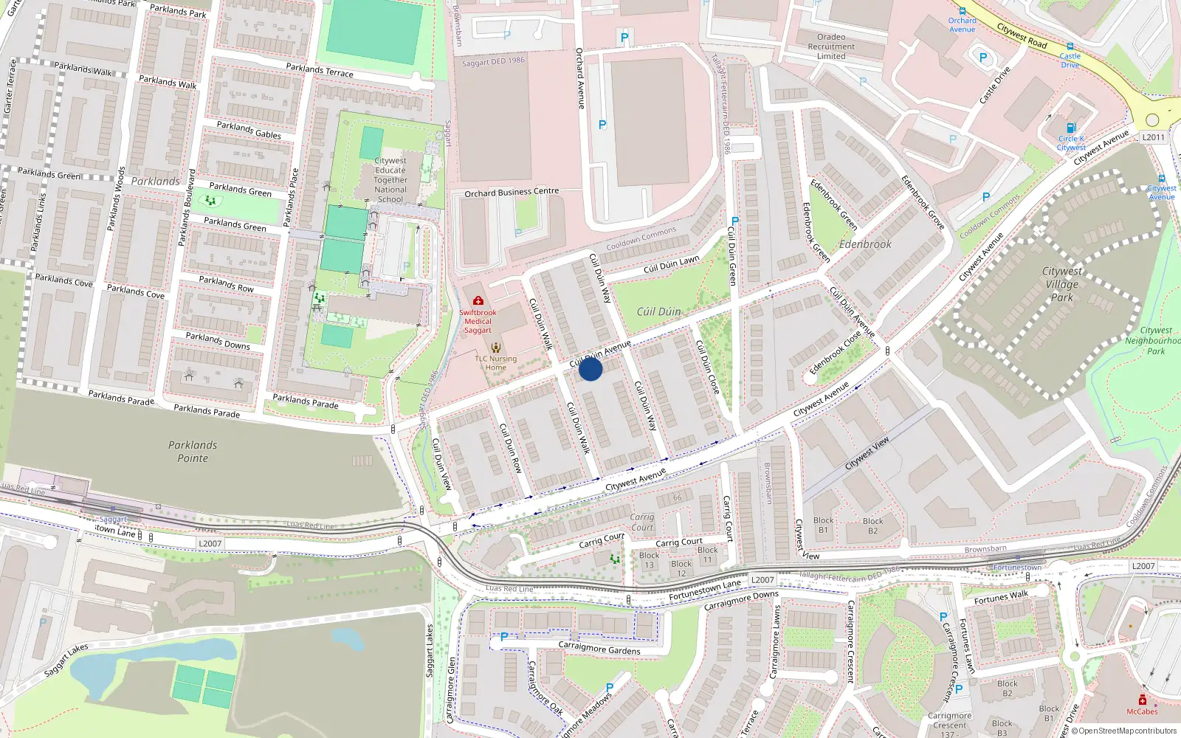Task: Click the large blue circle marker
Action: coord(590,369)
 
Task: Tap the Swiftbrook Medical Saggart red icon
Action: coord(478,301)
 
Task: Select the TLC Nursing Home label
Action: coord(496,363)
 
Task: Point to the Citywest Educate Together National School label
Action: coord(390,180)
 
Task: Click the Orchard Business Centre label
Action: coord(512,193)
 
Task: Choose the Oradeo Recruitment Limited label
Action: coord(831,46)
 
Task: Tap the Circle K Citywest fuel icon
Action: coord(1071,128)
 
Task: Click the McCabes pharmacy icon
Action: coord(1142,700)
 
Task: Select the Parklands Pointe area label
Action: coord(193,452)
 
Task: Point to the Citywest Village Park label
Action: coord(1062,284)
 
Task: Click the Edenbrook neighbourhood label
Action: coord(865,244)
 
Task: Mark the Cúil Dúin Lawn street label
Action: coord(671,264)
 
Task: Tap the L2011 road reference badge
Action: coord(1153,137)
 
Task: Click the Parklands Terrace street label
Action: coord(320,70)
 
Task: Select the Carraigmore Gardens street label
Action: coord(599,649)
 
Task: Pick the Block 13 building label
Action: coord(650,560)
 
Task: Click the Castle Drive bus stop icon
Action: coord(1070,46)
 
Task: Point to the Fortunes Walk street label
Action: coord(1001,598)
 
